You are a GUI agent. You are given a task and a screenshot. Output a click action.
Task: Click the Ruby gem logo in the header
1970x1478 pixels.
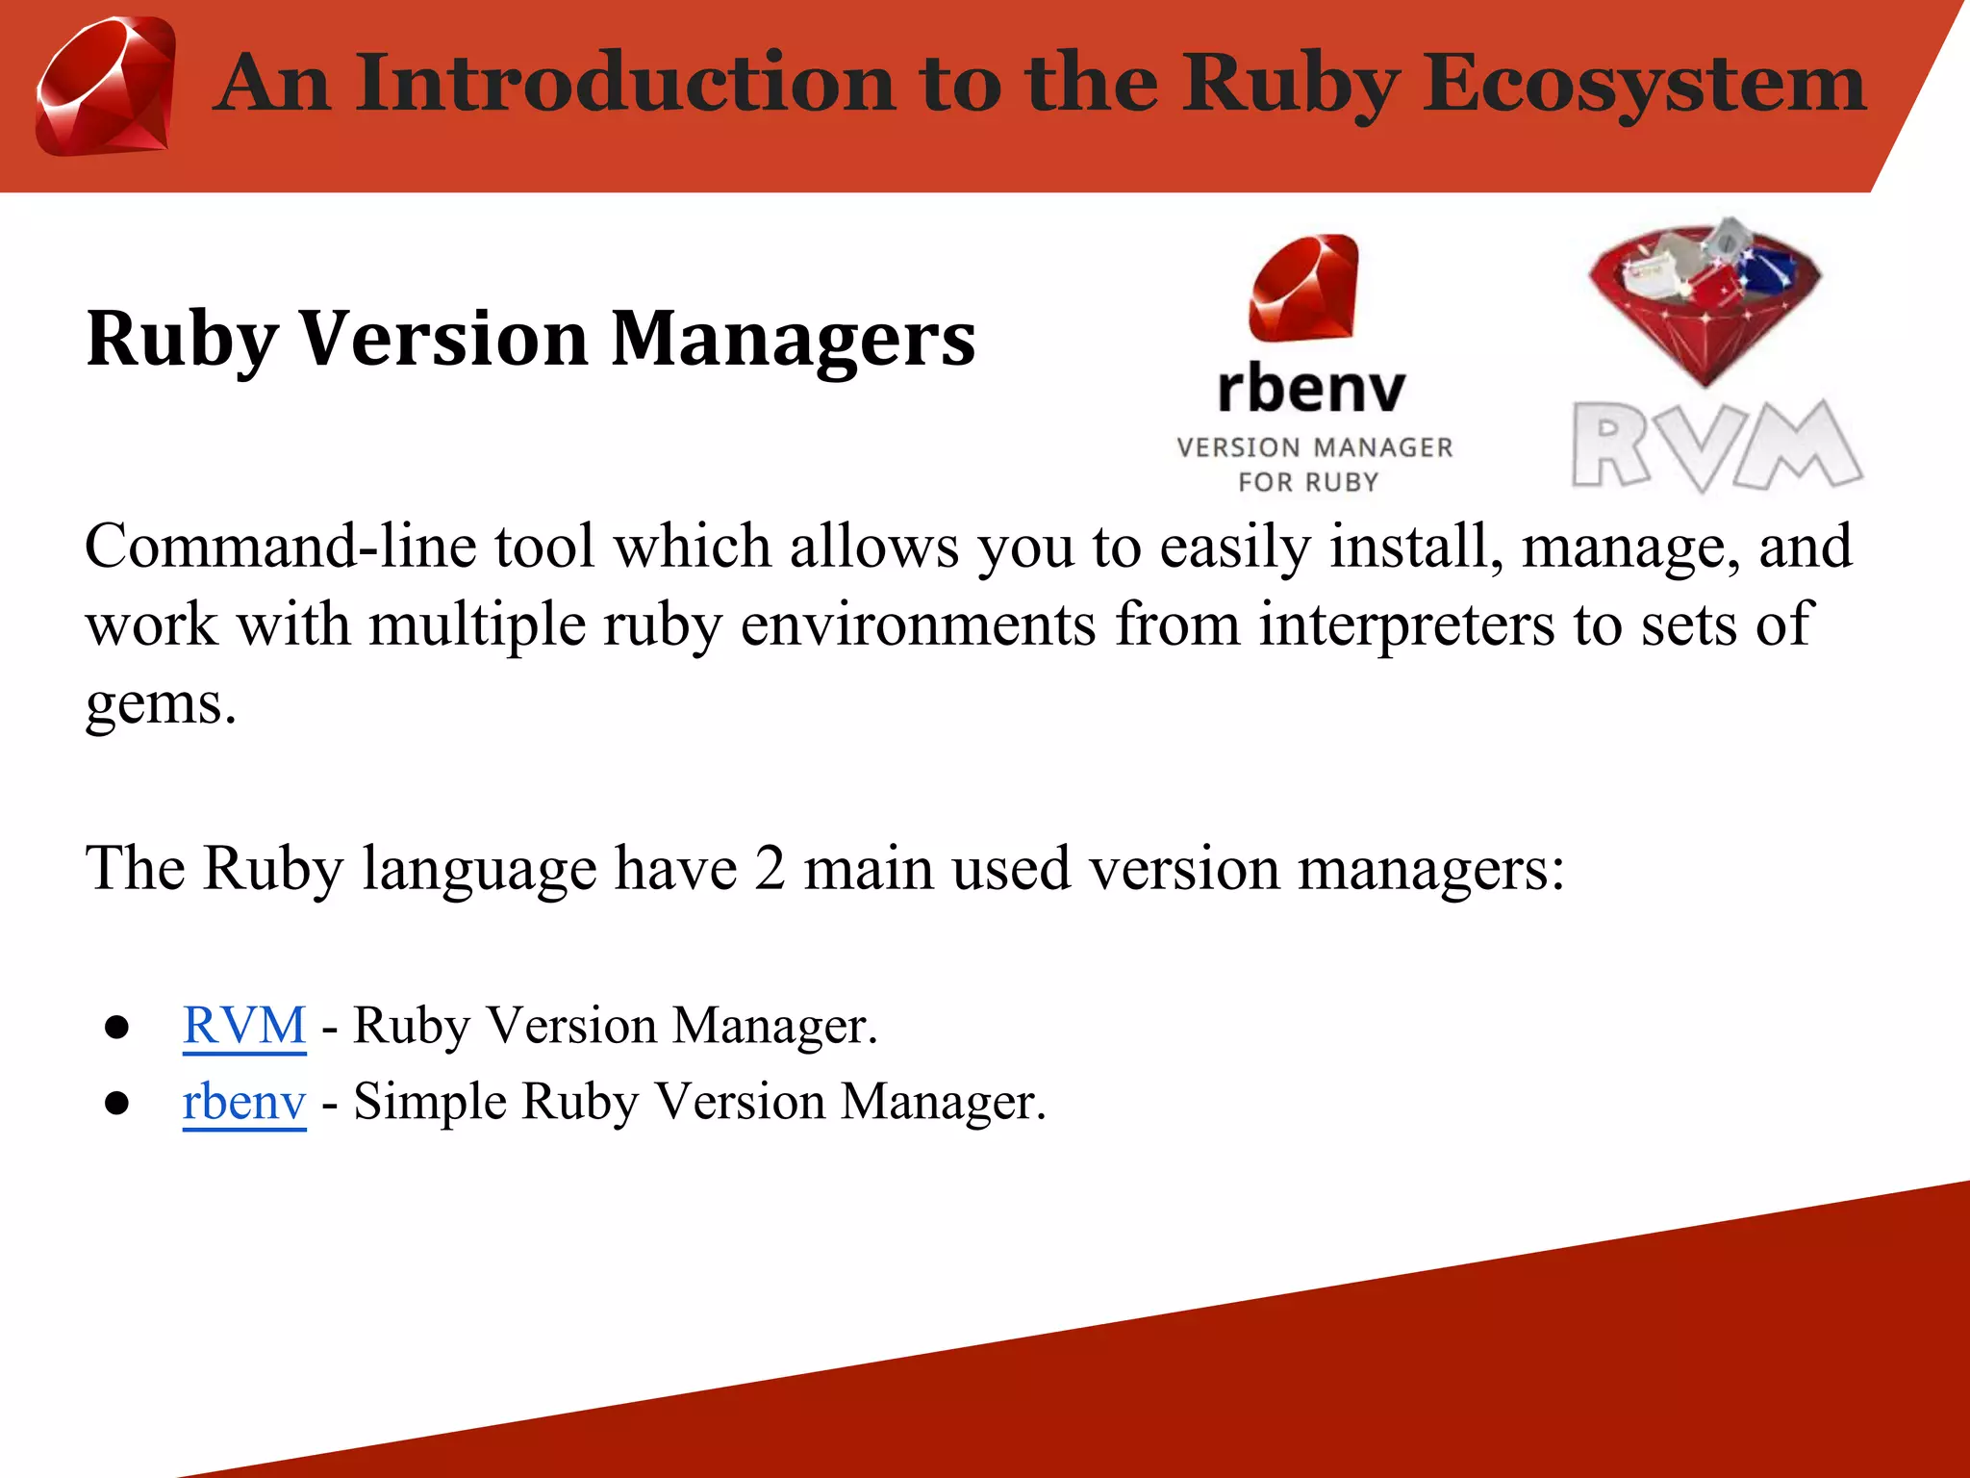106,87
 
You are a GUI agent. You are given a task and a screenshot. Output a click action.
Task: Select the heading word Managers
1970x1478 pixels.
793,339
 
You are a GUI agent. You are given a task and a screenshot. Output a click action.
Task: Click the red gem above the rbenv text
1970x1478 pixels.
1304,289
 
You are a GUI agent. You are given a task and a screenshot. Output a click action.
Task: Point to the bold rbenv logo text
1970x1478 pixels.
1311,390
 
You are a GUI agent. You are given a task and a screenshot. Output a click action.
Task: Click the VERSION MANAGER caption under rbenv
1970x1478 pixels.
1314,447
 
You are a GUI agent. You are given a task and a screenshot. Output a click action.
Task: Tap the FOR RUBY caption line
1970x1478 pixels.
1308,482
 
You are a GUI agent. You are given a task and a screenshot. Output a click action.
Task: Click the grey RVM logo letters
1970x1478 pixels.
1717,446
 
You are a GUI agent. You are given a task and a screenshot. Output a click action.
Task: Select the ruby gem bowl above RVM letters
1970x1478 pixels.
1705,298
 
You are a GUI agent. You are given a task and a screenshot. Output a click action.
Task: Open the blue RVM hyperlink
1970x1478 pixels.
244,1025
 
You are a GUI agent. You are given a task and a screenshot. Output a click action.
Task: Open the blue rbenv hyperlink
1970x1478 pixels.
244,1101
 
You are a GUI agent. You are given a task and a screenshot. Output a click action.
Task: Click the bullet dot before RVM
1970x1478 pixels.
117,1028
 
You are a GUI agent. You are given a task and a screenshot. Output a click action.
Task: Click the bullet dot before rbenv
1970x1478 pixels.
117,1104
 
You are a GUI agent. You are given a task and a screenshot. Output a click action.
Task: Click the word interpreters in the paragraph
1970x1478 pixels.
1405,624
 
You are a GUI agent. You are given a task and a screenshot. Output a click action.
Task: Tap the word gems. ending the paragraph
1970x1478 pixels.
161,703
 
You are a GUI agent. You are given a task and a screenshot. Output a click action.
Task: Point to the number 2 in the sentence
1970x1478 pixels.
770,868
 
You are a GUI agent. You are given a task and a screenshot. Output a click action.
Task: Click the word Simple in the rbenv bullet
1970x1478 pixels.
428,1101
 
